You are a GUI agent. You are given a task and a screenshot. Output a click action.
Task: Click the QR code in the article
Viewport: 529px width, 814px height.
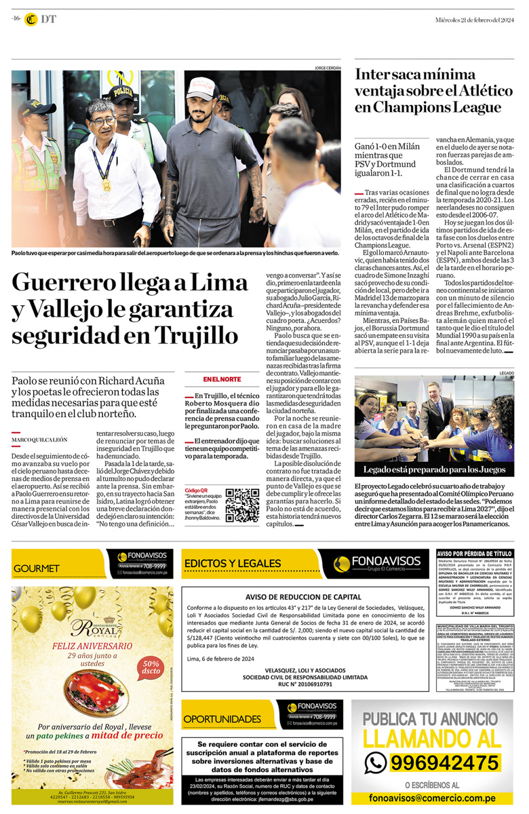(242, 505)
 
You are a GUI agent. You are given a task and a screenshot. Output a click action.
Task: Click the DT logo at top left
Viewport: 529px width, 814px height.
(40, 20)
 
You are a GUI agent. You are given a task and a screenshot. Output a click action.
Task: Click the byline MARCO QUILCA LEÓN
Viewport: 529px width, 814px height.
(39, 440)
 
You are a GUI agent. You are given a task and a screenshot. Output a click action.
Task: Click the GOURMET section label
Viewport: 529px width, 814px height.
(37, 568)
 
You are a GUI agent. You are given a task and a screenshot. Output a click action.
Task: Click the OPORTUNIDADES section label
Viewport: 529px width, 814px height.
(222, 718)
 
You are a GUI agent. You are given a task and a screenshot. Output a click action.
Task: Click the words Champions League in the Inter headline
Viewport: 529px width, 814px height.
(437, 107)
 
